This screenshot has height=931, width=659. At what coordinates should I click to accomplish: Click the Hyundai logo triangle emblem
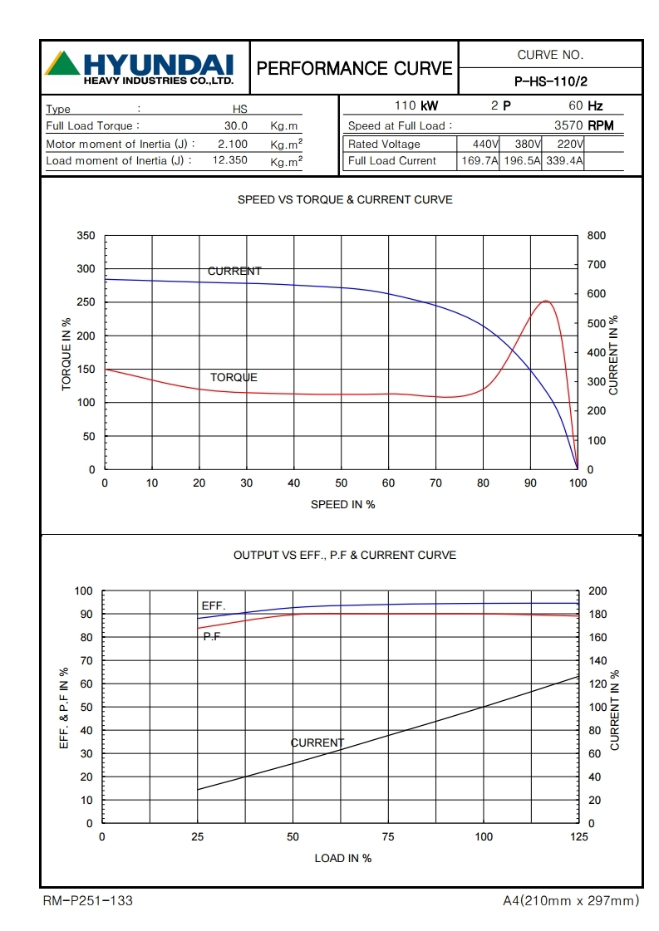[62, 65]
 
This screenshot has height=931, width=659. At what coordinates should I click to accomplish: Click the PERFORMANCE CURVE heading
[355, 68]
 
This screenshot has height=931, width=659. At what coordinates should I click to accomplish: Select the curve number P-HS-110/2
[551, 81]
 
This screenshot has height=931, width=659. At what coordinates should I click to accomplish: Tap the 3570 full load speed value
[568, 125]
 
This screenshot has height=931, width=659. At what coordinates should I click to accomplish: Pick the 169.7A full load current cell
[480, 161]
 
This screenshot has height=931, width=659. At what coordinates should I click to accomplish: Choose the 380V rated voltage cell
[522, 144]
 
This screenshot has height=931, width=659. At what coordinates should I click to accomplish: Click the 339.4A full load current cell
[564, 161]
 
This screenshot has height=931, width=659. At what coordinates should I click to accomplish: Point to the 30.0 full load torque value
[236, 126]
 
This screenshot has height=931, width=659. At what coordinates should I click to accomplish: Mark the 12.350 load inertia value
[229, 160]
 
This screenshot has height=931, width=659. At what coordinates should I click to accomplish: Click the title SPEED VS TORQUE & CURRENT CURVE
[345, 199]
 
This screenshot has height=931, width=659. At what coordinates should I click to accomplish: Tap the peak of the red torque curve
[545, 301]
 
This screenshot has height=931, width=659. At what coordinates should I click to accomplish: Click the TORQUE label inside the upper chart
[234, 377]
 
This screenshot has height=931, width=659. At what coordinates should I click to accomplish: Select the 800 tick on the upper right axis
[596, 236]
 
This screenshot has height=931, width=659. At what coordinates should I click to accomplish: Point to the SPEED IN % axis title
[342, 504]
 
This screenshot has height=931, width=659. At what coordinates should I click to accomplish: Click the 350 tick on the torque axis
[86, 236]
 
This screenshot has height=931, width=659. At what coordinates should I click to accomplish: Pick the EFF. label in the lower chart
[214, 605]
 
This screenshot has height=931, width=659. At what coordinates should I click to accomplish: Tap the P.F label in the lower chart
[211, 636]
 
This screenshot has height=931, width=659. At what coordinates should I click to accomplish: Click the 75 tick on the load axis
[388, 837]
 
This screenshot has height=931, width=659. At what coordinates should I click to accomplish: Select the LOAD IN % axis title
[342, 858]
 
